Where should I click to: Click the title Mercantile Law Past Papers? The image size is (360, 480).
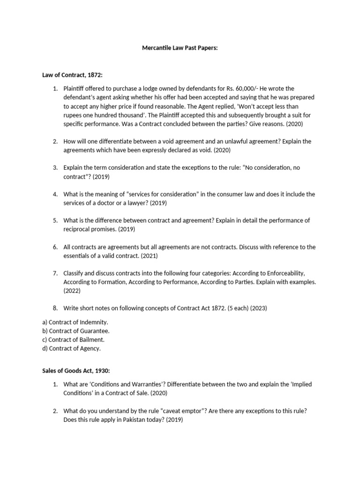(180, 48)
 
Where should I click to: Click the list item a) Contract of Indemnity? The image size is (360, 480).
(75, 322)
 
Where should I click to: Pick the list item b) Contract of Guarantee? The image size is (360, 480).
(76, 331)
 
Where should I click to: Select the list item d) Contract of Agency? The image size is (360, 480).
(71, 348)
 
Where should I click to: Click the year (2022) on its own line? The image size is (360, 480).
(72, 291)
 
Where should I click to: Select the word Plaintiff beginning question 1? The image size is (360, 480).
(75, 88)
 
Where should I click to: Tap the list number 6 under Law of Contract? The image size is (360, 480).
(55, 247)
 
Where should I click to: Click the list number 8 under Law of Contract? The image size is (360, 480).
(55, 308)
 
